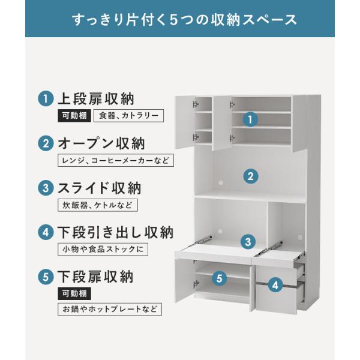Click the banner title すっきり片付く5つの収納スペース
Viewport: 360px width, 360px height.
click(185, 20)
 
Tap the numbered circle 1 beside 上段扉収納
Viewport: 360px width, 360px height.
click(46, 98)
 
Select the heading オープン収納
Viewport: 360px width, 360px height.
click(101, 143)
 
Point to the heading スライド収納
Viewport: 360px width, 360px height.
click(99, 188)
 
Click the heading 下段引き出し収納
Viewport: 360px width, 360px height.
click(115, 232)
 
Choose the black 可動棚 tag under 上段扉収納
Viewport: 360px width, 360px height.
click(74, 115)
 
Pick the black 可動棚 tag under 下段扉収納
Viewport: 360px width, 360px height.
click(74, 293)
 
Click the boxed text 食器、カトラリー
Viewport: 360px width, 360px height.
click(128, 115)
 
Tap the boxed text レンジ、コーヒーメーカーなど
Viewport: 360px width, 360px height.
click(116, 160)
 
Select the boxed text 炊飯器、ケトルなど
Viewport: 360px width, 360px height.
click(98, 205)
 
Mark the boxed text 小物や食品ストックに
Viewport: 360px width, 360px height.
click(103, 249)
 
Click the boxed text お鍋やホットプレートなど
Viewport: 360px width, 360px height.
click(110, 309)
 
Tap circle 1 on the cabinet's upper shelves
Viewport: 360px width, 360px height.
click(250, 119)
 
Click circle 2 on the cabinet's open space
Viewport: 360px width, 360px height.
click(251, 176)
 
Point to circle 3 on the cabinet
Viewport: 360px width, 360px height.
click(248, 242)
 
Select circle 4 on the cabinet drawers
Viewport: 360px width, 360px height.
click(275, 285)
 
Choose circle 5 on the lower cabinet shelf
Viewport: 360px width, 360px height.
click(220, 278)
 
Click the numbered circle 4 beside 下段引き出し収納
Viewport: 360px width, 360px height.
click(46, 232)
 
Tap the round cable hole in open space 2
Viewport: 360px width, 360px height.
click(221, 183)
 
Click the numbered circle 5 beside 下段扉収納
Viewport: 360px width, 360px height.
click(46, 277)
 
